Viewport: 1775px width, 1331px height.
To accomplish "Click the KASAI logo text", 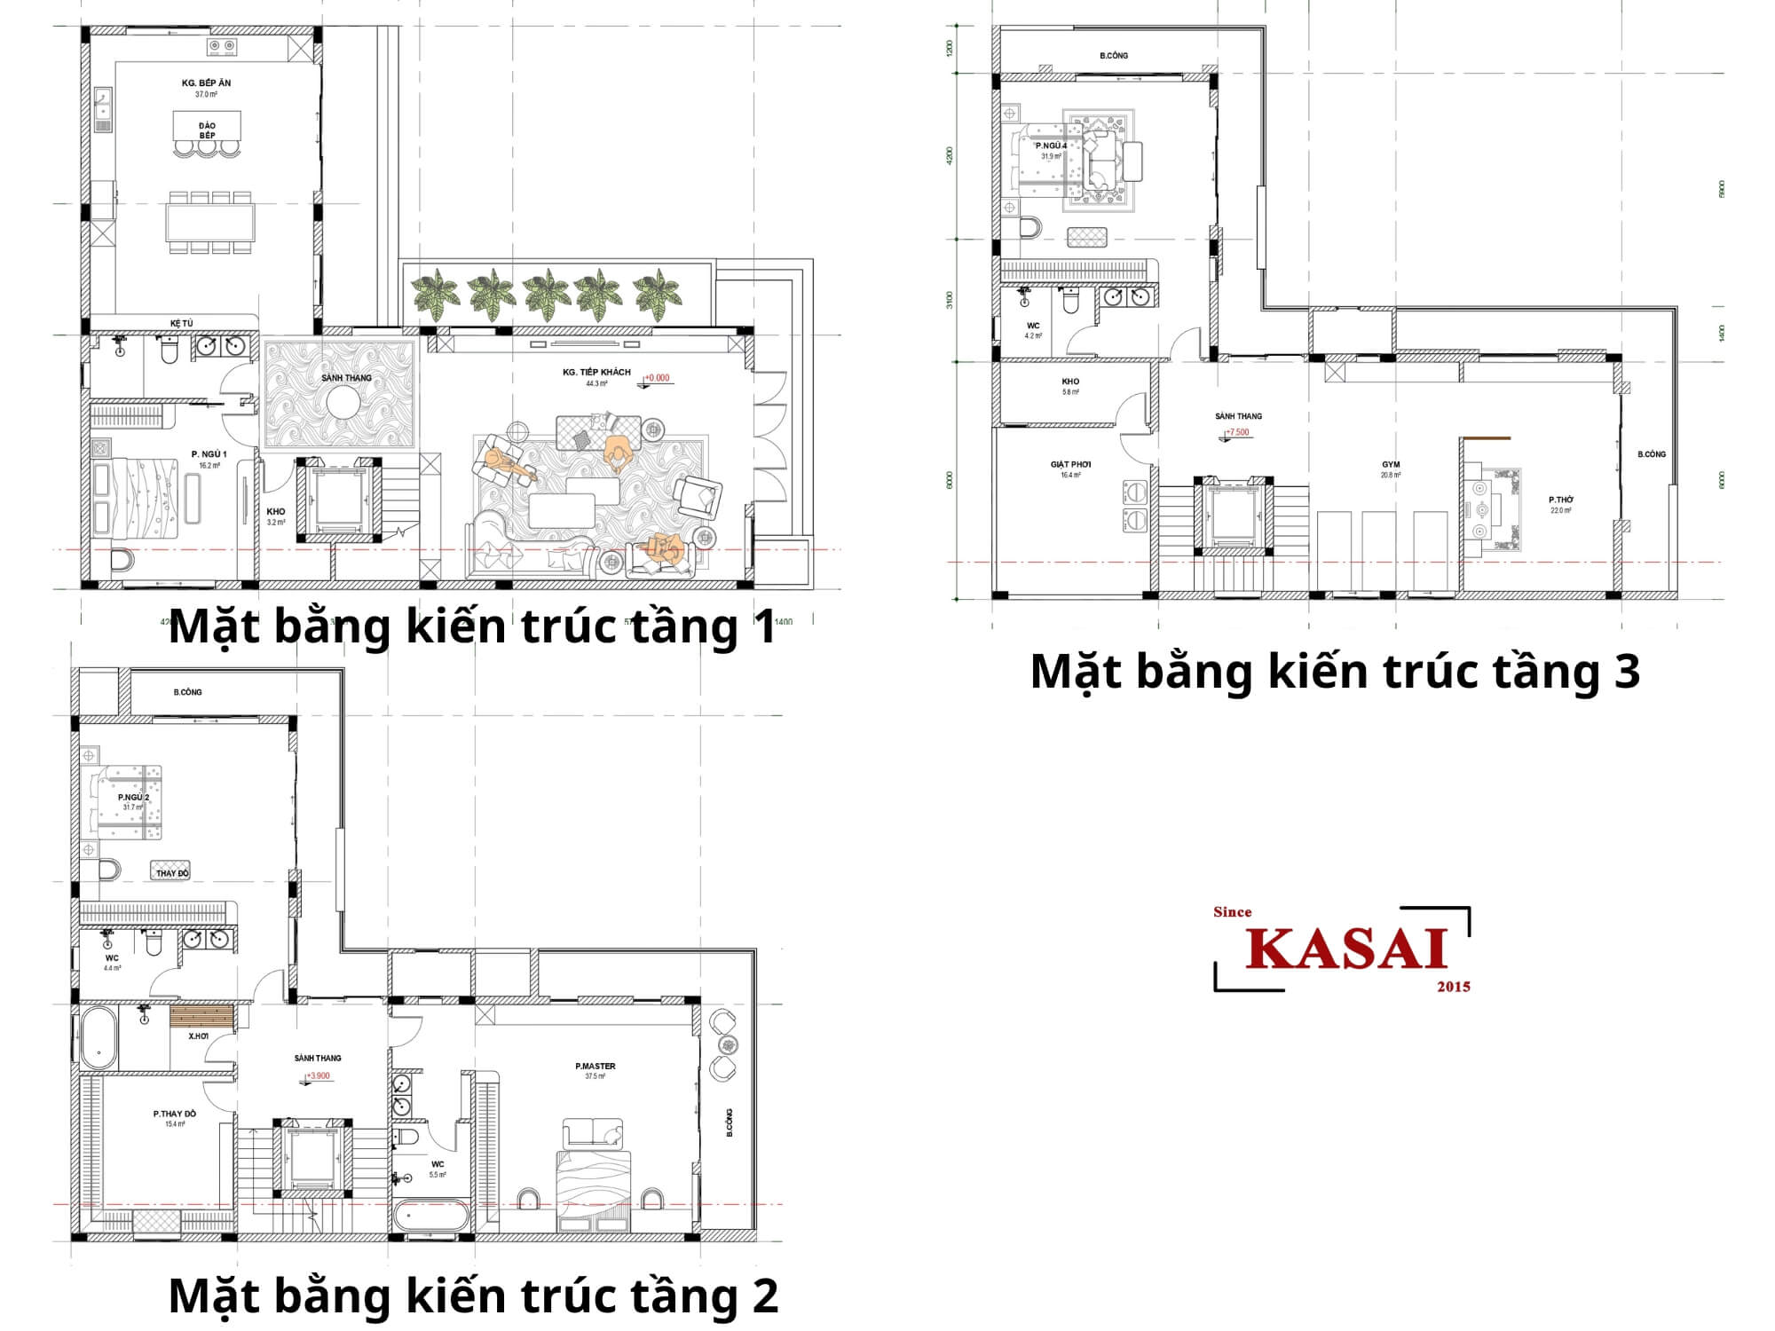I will tap(1346, 949).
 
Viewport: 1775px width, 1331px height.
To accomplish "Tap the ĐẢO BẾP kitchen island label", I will tap(207, 130).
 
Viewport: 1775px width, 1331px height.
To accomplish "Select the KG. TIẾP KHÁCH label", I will tap(596, 372).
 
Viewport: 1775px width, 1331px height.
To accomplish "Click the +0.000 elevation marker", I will tap(658, 378).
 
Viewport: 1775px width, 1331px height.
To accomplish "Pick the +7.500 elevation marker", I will tap(1237, 432).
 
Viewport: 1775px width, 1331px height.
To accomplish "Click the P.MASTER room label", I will tap(595, 1066).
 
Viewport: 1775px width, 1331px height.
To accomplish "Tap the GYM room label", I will tap(1390, 464).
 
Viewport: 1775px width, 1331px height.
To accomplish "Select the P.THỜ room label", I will tap(1561, 500).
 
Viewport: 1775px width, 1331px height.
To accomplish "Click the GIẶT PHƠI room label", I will tap(1070, 464).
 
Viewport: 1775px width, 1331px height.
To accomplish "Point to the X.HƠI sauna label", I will tap(198, 1036).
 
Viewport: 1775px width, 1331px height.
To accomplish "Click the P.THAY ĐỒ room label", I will tap(175, 1113).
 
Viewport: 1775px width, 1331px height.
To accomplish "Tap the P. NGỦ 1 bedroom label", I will tap(209, 454).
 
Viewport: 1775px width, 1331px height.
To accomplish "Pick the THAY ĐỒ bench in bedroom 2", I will tap(171, 871).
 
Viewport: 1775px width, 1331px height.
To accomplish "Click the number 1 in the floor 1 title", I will tap(764, 626).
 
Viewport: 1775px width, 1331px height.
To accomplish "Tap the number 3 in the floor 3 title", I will tap(1627, 672).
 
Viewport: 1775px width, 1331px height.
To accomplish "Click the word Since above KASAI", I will tap(1232, 911).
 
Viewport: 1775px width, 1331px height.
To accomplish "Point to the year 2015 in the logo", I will tap(1453, 986).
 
